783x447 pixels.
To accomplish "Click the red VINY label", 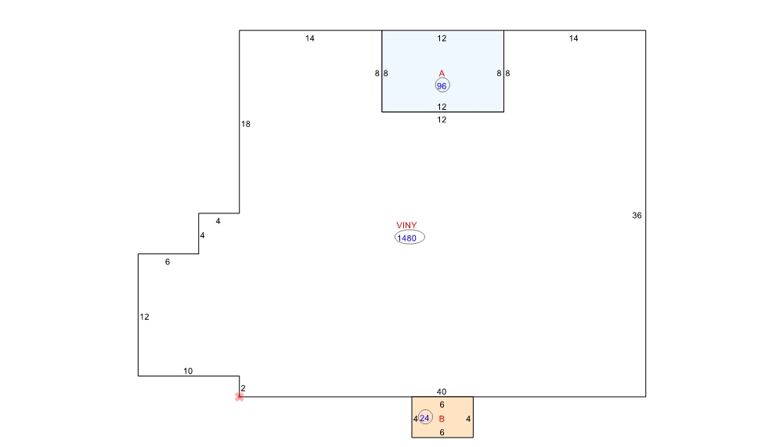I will pyautogui.click(x=406, y=226).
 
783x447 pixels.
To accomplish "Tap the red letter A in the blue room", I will pyautogui.click(x=442, y=74).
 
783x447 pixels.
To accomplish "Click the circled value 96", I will pyautogui.click(x=442, y=85).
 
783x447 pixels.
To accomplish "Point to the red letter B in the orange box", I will pyautogui.click(x=442, y=419).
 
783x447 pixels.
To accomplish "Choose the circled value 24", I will pyautogui.click(x=424, y=418).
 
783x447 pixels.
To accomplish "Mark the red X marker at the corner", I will pyautogui.click(x=240, y=397).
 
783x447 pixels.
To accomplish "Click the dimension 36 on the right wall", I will pyautogui.click(x=637, y=215).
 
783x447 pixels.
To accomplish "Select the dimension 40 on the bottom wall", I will pyautogui.click(x=442, y=391).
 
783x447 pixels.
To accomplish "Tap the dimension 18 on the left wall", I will pyautogui.click(x=246, y=124).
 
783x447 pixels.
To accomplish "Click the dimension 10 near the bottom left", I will pyautogui.click(x=188, y=371).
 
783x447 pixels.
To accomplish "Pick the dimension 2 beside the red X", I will pyautogui.click(x=243, y=388).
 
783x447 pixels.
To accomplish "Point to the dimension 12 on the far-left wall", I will pyautogui.click(x=144, y=317).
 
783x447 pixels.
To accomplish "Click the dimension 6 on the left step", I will pyautogui.click(x=168, y=262).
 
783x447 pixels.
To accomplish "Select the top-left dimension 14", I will pyautogui.click(x=310, y=38).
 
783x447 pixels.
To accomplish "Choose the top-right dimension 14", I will pyautogui.click(x=574, y=38).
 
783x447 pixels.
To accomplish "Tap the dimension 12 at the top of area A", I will pyautogui.click(x=442, y=38).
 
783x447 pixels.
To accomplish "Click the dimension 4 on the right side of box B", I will pyautogui.click(x=468, y=419).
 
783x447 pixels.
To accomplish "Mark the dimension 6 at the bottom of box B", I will pyautogui.click(x=442, y=432).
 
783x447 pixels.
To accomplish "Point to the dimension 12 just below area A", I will pyautogui.click(x=442, y=119).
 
